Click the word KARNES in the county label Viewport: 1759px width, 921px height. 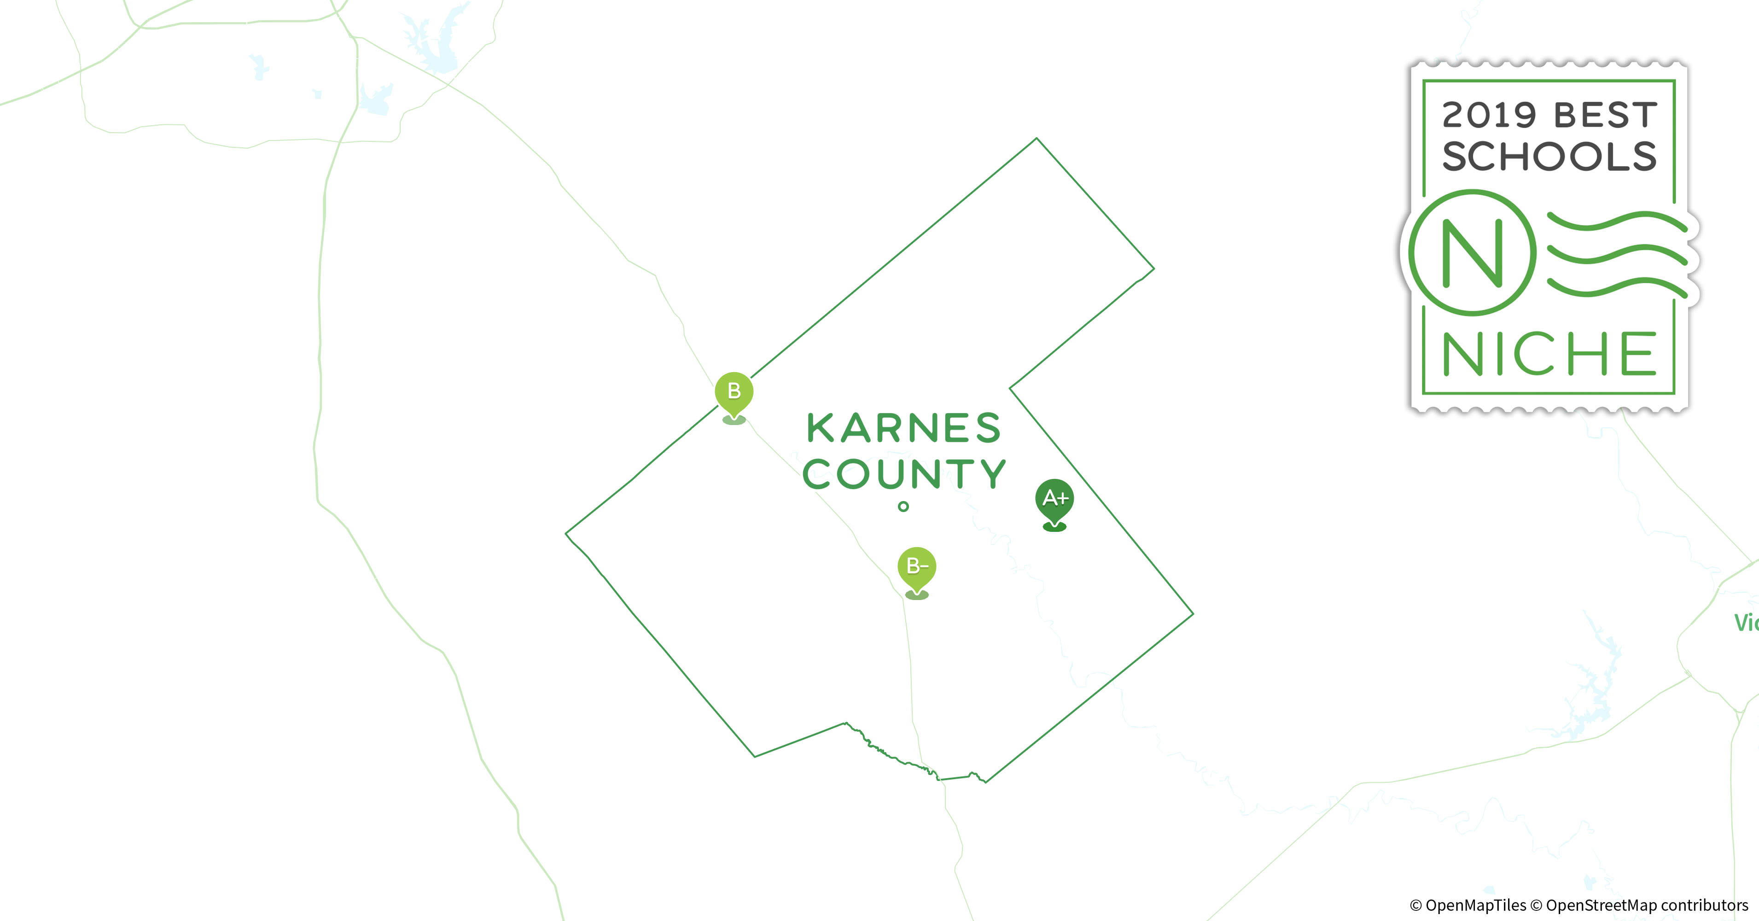tap(903, 428)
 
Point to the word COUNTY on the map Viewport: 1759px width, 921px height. tap(903, 474)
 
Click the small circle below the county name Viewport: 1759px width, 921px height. tap(903, 507)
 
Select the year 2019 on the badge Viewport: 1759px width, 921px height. tap(1489, 116)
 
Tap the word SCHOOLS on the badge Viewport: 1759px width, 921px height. tap(1549, 157)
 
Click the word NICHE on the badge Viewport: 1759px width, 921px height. tap(1549, 354)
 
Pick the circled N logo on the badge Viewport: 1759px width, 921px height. tap(1472, 253)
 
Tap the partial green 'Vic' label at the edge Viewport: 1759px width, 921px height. tap(1746, 623)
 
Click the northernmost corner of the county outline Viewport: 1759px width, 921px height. tap(1037, 139)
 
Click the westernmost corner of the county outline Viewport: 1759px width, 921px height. tap(566, 533)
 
